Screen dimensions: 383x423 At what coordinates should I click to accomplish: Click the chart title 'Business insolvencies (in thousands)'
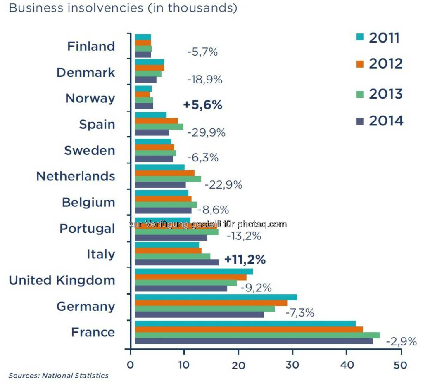(x=123, y=8)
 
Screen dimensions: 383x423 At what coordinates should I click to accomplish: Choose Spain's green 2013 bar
(x=159, y=127)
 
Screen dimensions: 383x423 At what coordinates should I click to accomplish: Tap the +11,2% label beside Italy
(x=245, y=260)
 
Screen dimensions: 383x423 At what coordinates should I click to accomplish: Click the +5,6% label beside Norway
(x=202, y=105)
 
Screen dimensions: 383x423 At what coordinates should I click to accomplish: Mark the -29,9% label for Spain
(x=206, y=132)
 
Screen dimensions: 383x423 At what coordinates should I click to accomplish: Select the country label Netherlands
(x=76, y=176)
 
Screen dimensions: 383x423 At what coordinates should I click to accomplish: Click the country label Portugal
(x=87, y=228)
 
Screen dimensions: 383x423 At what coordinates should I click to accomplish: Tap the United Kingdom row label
(x=62, y=280)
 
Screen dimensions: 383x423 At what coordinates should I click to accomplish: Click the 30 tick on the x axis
(x=293, y=365)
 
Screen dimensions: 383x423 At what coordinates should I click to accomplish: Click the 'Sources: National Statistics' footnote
(x=58, y=376)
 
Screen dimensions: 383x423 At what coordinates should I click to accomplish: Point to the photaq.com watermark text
(x=207, y=224)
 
